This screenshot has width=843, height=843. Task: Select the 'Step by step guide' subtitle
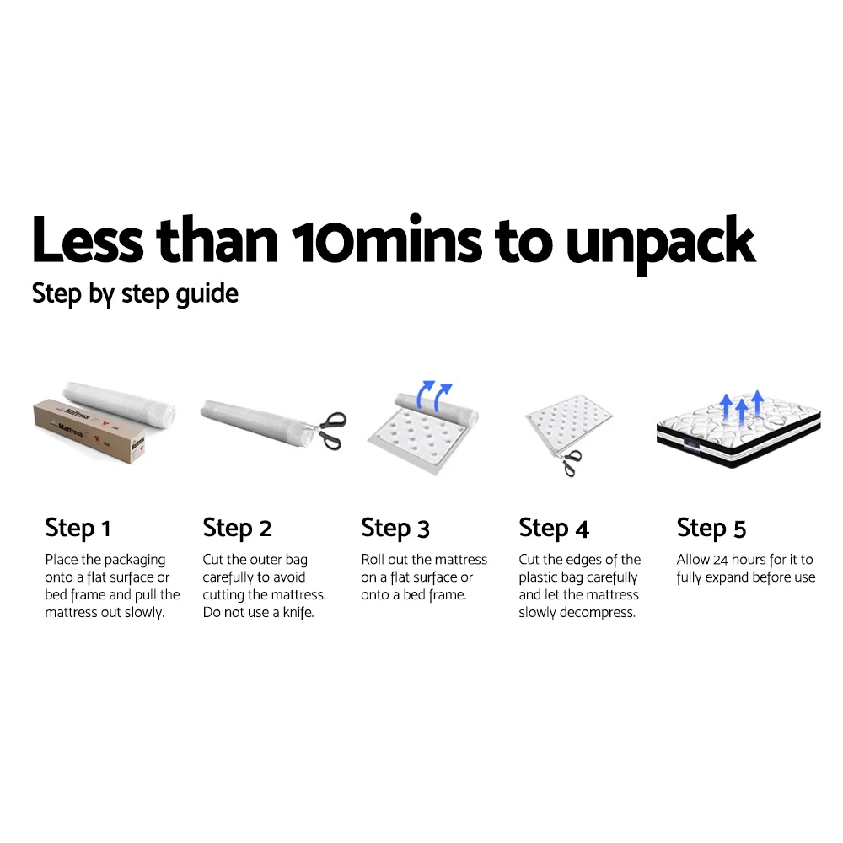(135, 294)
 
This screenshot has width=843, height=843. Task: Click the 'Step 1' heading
(78, 529)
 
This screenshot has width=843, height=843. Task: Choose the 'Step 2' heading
(237, 529)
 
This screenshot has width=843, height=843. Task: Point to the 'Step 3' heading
(395, 529)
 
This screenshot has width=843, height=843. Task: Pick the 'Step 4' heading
(554, 529)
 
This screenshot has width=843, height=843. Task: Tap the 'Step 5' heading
(711, 529)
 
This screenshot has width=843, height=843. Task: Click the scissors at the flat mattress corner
(571, 459)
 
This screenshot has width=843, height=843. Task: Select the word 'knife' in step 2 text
(295, 613)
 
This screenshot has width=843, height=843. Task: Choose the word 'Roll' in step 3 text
(373, 560)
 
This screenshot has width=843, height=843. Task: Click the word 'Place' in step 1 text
(62, 560)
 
